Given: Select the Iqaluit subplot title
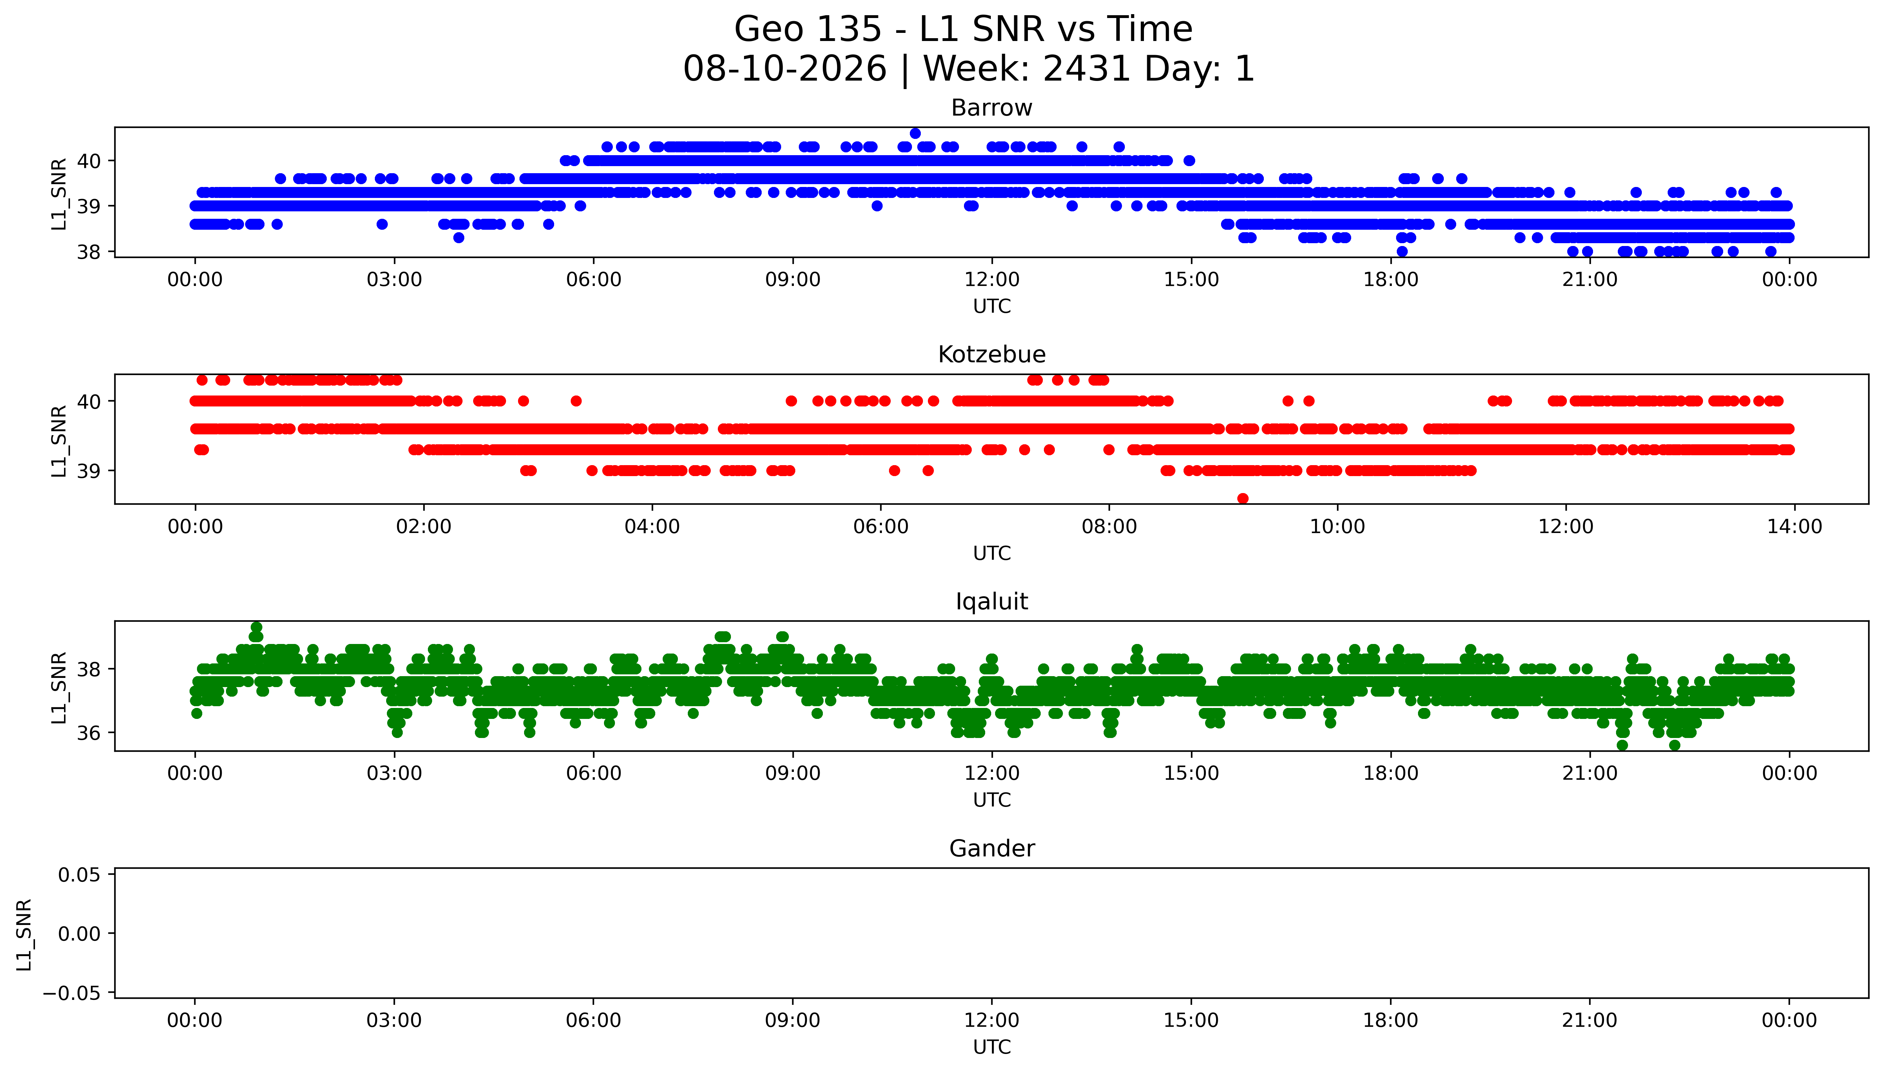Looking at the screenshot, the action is click(991, 602).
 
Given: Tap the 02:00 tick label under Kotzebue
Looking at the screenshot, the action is click(423, 526).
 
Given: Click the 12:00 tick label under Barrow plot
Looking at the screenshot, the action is click(992, 280).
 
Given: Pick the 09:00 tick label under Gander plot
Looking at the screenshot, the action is click(792, 1020).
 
